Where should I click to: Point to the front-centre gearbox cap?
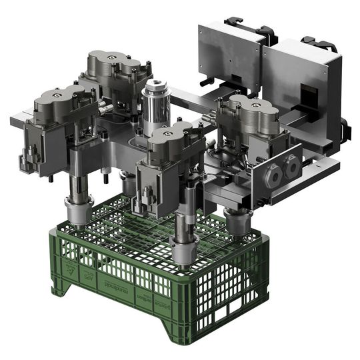171,136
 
